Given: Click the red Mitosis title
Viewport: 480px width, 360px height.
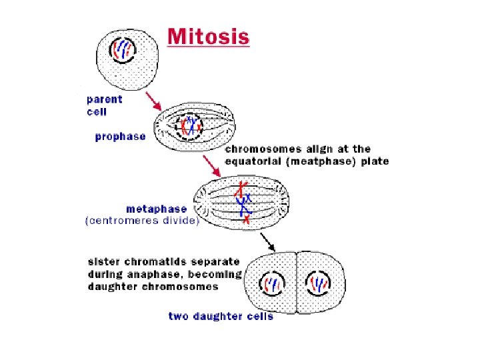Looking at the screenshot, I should (x=209, y=36).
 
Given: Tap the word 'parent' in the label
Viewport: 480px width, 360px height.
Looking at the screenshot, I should (x=105, y=99).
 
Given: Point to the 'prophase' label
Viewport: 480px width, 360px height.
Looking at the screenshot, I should (x=120, y=136).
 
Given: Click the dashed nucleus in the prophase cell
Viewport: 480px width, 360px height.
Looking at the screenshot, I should (x=191, y=125).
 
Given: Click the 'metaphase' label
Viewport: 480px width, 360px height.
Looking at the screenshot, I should (x=157, y=209).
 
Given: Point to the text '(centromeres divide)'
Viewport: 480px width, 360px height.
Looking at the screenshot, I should (x=142, y=221).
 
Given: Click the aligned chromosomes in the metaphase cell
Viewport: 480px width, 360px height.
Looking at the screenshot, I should (x=245, y=201).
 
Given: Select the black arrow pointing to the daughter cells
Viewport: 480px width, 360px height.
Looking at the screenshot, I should (x=267, y=241).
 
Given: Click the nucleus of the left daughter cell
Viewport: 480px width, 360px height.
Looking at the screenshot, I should (x=272, y=285).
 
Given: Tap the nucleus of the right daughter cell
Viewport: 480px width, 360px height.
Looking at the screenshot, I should (x=319, y=285).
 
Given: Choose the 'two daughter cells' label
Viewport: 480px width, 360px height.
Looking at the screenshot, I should (x=221, y=316).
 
